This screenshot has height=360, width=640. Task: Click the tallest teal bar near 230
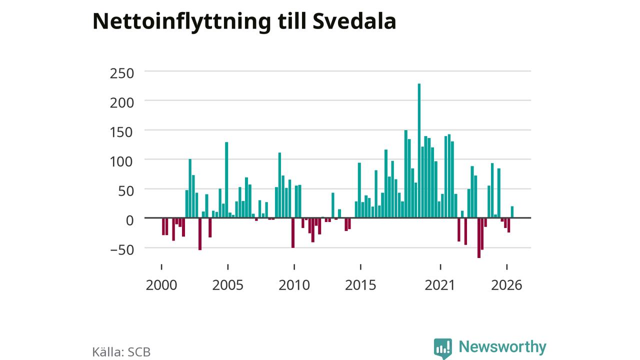419,151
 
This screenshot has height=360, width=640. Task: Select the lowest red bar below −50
479,238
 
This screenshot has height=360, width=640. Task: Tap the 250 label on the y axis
121,73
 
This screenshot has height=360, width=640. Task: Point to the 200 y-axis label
121,103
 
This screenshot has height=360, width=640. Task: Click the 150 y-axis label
121,132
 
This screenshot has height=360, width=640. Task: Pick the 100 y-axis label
121,161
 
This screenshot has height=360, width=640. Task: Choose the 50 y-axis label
126,191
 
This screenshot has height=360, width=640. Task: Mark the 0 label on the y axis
129,220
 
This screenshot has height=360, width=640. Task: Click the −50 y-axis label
121,250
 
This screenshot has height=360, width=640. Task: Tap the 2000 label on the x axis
161,285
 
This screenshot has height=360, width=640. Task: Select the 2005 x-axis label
227,285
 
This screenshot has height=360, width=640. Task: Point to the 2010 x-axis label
294,285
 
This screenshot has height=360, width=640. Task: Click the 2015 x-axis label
360,285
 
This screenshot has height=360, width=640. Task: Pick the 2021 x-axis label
439,285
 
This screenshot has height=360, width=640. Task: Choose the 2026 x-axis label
506,285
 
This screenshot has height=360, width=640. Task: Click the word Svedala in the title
354,21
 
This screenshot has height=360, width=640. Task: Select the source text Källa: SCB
121,351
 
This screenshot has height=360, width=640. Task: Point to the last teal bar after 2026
512,212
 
